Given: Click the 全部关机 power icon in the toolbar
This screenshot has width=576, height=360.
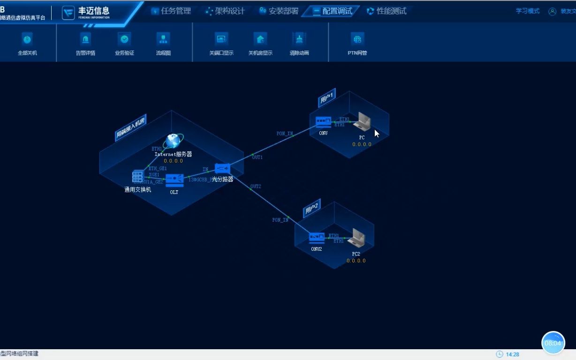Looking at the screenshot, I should tap(27, 39).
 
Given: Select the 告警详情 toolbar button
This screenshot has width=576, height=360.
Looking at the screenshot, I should tap(85, 39).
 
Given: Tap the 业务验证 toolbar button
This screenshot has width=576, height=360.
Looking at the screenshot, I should tap(124, 39).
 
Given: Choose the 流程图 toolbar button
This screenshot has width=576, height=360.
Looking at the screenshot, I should tap(163, 39).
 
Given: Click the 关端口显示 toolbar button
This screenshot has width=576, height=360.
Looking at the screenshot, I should tap(221, 39).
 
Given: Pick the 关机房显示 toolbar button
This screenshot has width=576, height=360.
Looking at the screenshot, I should tap(260, 39).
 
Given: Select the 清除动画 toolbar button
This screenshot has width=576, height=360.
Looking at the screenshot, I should tap(299, 39).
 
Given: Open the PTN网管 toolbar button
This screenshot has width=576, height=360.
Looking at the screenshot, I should tap(357, 39).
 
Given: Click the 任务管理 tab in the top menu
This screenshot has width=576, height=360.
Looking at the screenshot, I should tap(171, 11).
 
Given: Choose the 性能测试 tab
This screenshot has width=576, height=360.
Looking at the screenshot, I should tap(387, 11).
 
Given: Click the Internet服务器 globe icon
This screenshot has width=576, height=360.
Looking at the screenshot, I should tap(174, 141).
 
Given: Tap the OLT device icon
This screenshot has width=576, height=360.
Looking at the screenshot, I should tap(174, 180).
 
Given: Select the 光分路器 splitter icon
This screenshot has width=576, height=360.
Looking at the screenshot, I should tap(222, 168).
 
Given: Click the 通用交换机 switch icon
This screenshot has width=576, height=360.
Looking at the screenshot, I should tap(137, 177).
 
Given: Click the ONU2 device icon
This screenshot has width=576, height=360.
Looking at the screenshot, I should tap(317, 238).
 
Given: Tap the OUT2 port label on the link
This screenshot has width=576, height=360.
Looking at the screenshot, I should tap(256, 187).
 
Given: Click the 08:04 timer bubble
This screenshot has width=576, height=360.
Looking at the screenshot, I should tap(553, 343).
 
